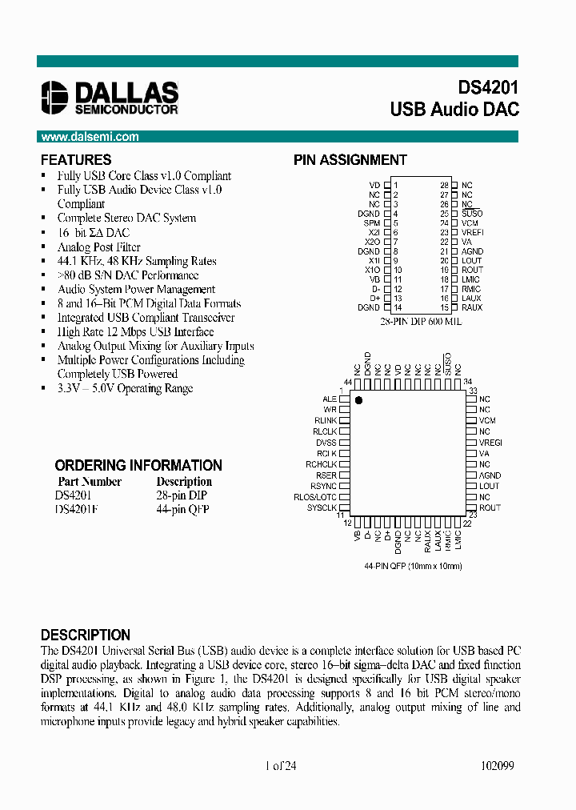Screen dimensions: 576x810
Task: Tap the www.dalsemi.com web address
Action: coord(90,137)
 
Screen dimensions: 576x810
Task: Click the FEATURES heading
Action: coord(76,160)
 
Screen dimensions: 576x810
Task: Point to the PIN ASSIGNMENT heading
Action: coord(350,160)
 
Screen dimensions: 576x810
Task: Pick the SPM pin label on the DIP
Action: coord(372,223)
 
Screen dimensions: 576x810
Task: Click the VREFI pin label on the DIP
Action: coord(473,232)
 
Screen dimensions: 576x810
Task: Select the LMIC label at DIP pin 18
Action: coord(471,279)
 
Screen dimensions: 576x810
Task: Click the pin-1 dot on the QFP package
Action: coord(358,399)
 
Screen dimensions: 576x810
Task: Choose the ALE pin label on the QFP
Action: coord(330,399)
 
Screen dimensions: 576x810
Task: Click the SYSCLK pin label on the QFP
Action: coord(322,507)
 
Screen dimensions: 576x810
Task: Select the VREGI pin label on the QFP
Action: coord(490,443)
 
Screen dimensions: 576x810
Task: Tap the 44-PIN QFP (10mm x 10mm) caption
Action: coord(413,567)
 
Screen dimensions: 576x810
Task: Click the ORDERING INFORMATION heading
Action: coord(138,465)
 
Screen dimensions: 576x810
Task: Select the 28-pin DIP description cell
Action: coord(182,495)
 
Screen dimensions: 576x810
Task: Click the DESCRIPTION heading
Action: coord(86,635)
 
